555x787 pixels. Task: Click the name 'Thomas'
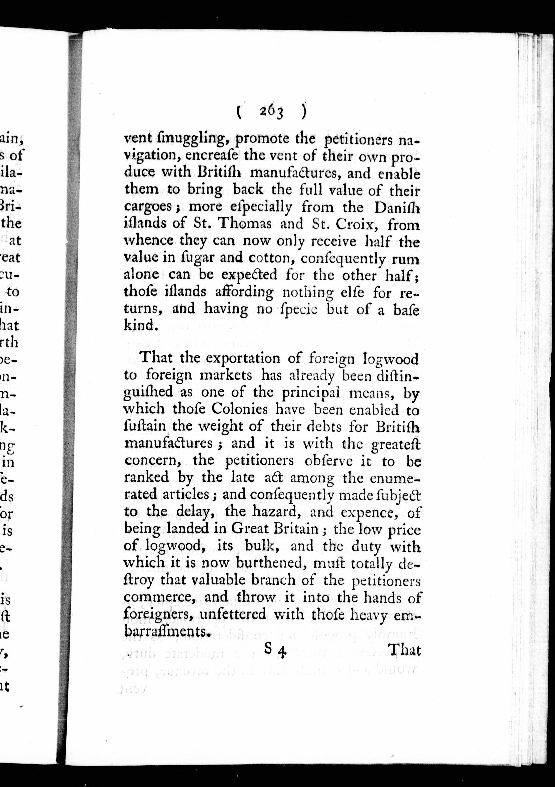point(245,224)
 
